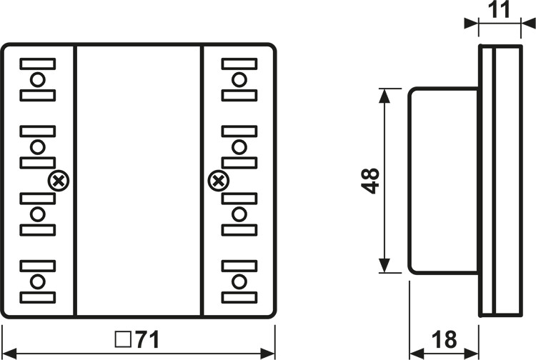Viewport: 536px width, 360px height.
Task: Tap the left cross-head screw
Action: [59, 181]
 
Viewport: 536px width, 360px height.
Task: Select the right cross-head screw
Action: [217, 181]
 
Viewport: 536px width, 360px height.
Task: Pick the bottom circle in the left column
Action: [38, 281]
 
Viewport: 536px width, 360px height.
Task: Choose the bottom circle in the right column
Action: [239, 281]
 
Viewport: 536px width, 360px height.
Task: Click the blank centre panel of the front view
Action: [139, 181]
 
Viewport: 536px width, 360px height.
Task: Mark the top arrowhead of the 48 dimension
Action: [385, 94]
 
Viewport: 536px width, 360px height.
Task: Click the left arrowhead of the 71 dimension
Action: [9, 351]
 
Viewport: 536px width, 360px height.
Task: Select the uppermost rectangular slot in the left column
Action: [38, 63]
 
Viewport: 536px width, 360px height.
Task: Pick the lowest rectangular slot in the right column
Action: [239, 297]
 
